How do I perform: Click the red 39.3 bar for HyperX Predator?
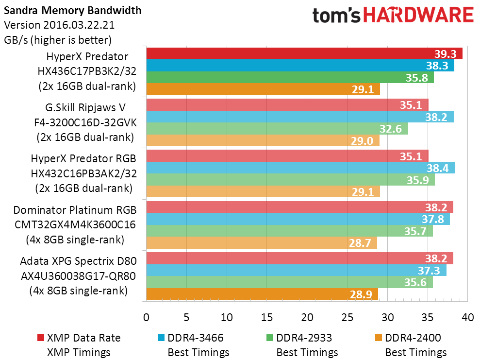point(304,53)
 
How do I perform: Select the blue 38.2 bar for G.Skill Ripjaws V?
point(300,117)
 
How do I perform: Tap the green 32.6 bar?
point(277,129)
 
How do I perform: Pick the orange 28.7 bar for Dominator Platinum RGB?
point(262,242)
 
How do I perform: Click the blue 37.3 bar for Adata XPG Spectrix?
point(297,270)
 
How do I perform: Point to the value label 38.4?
point(437,168)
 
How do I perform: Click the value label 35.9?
point(417,180)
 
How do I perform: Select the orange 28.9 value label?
point(361,294)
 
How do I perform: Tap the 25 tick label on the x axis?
point(347,317)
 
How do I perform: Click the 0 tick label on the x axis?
point(146,317)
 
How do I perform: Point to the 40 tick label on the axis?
point(467,317)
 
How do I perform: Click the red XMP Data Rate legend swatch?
point(41,338)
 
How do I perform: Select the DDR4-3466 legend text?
point(195,338)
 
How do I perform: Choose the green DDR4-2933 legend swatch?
point(270,338)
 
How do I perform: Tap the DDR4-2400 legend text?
point(413,338)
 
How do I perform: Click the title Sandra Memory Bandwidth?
point(72,10)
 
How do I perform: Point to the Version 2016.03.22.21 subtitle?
point(59,25)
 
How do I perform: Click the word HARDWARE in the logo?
point(418,15)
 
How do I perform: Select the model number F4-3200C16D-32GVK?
point(85,122)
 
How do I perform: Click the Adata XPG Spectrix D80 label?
point(78,261)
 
